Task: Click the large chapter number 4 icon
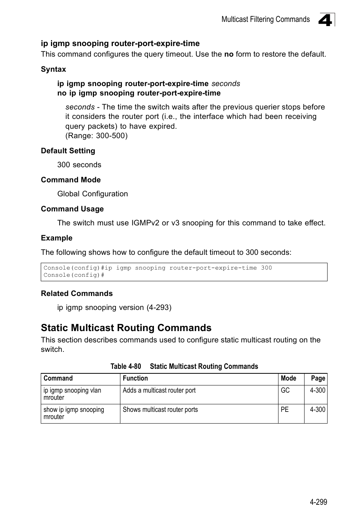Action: pyautogui.click(x=326, y=20)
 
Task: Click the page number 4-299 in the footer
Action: pyautogui.click(x=318, y=502)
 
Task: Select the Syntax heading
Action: pyautogui.click(x=53, y=69)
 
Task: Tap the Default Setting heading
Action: pyautogui.click(x=68, y=151)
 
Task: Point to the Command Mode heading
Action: pyautogui.click(x=71, y=180)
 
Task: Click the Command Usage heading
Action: pyautogui.click(x=72, y=209)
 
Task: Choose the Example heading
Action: pyautogui.click(x=57, y=238)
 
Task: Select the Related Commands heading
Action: pyautogui.click(x=77, y=294)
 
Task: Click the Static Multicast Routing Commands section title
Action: pyautogui.click(x=126, y=328)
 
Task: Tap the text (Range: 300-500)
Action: pyautogui.click(x=96, y=136)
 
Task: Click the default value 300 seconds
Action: pyautogui.click(x=79, y=165)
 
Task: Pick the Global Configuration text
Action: pyautogui.click(x=92, y=194)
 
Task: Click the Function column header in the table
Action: pyautogui.click(x=135, y=378)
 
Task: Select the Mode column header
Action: pyautogui.click(x=288, y=378)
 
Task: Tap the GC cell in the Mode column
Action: pyautogui.click(x=285, y=390)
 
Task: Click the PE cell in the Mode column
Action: pyautogui.click(x=285, y=410)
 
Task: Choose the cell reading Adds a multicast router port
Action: pyautogui.click(x=159, y=390)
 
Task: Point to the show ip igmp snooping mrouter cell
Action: pyautogui.click(x=74, y=413)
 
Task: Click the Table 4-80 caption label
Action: pyautogui.click(x=126, y=367)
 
